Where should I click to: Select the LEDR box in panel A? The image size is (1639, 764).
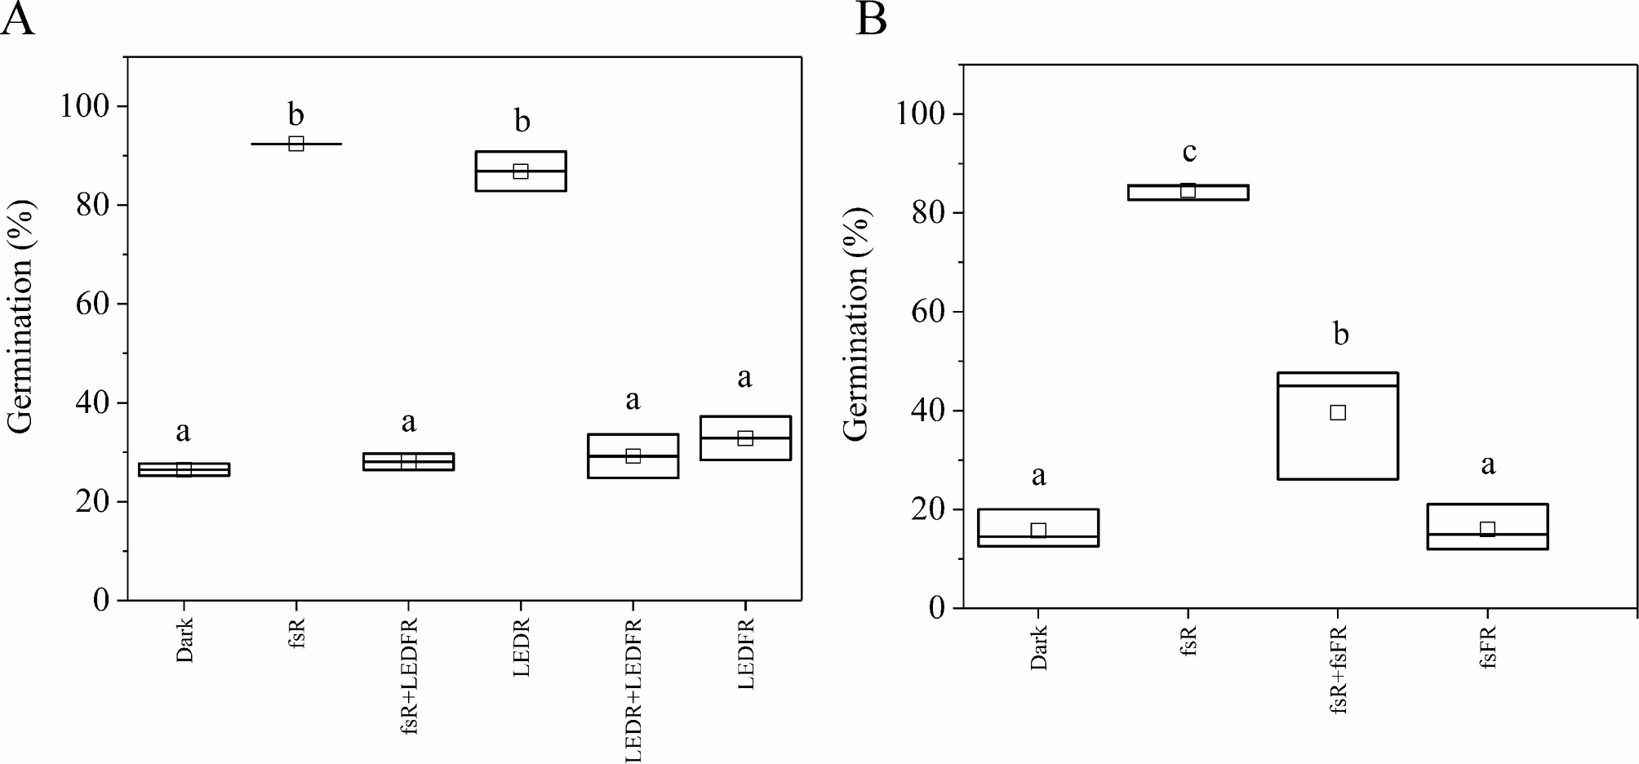pos(521,171)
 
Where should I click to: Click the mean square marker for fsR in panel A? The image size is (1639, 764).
pos(296,144)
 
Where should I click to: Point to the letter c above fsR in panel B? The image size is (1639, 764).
pos(1189,152)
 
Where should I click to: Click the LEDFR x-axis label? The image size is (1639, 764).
pos(745,654)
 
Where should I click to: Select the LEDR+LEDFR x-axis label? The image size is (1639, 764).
pos(633,691)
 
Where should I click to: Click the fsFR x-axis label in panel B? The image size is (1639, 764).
pos(1487,650)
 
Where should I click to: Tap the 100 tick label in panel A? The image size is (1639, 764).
pos(85,106)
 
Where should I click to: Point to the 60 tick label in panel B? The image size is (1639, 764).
pos(928,312)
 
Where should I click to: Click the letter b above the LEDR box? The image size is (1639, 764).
pos(522,122)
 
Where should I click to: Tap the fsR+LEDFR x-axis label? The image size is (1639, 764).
pos(409,677)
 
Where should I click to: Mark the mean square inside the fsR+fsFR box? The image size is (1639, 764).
pos(1337,412)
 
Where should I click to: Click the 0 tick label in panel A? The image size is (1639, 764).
pos(101,601)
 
